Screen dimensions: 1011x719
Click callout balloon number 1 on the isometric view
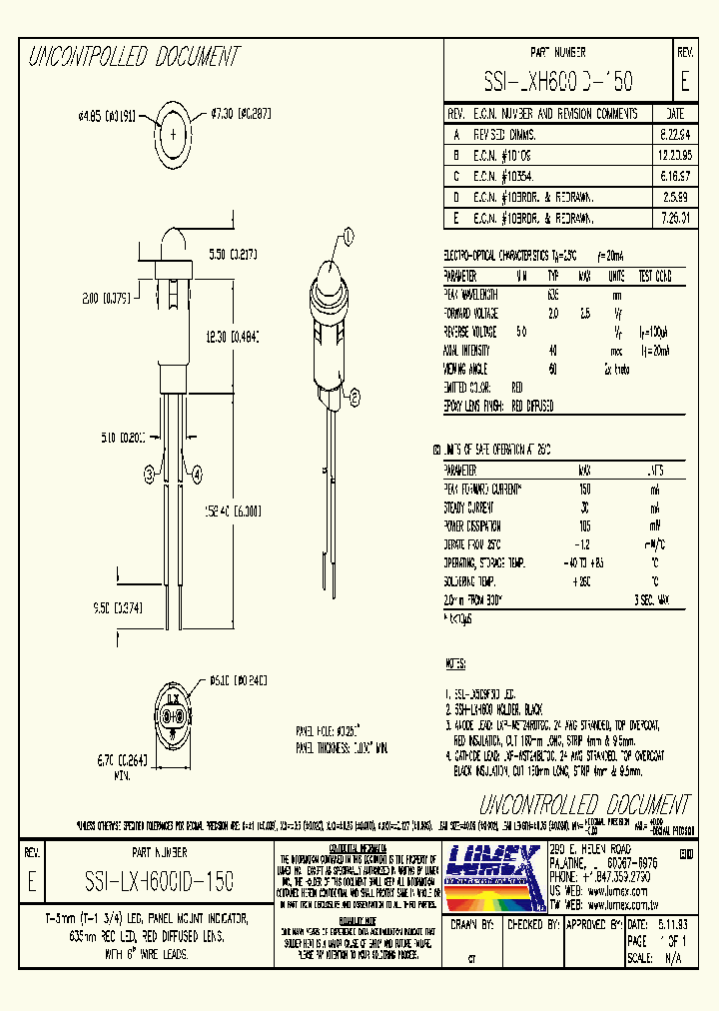(349, 236)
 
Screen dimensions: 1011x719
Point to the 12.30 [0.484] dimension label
(231, 339)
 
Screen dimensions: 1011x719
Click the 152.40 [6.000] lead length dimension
(234, 509)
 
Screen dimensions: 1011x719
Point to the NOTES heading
(455, 663)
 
